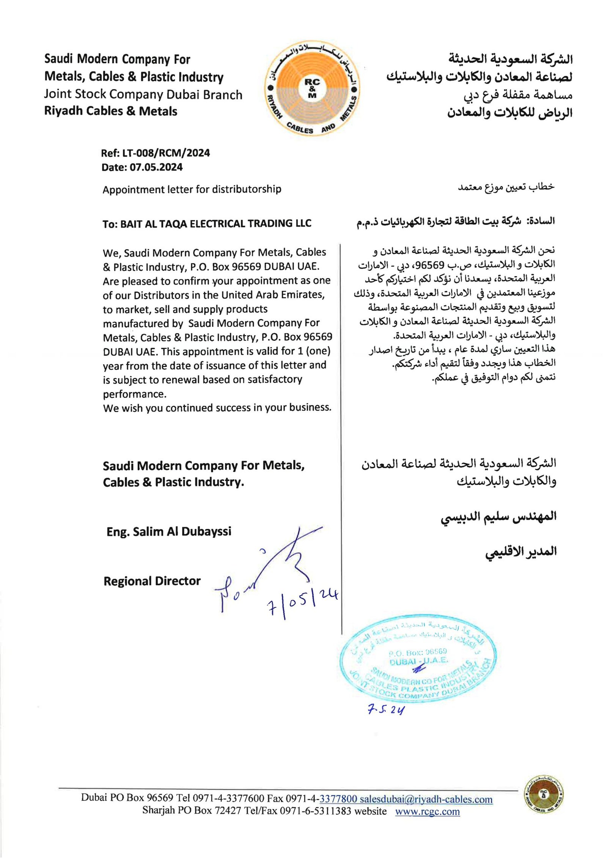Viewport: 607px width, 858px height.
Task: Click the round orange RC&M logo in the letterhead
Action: [312, 88]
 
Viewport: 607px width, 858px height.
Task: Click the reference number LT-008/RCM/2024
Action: [166, 153]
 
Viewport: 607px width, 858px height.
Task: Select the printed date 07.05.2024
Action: [156, 167]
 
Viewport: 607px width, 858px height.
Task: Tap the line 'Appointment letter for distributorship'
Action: [192, 189]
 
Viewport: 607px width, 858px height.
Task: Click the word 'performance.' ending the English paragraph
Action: [135, 394]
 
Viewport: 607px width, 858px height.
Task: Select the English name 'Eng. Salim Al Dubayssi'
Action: [169, 532]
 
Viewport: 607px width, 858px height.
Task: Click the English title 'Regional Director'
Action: [152, 581]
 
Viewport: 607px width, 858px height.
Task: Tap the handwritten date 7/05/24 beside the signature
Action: [302, 602]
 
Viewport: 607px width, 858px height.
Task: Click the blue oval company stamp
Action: [417, 662]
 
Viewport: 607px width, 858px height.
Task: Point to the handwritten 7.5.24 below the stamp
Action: [386, 710]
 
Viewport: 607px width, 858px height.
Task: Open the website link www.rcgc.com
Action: [427, 811]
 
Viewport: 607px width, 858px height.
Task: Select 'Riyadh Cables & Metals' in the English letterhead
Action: [111, 111]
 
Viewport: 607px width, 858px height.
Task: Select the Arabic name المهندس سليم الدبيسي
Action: [498, 517]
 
